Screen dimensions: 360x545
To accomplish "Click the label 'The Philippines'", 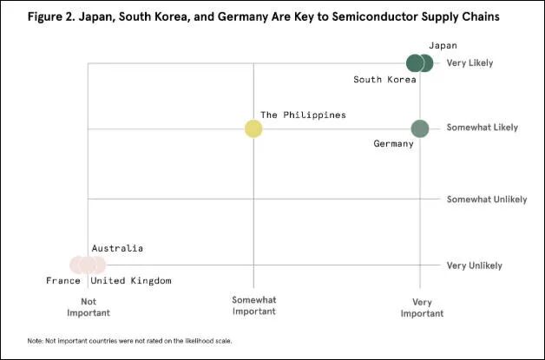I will point(303,115).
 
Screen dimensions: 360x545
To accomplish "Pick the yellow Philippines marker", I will point(253,128).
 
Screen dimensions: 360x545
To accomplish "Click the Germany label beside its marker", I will point(393,143).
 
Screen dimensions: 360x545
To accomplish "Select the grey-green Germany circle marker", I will point(420,128).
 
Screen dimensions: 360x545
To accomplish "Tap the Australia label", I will point(117,248).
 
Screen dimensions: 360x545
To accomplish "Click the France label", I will point(63,280).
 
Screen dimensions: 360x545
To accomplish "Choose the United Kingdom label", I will point(131,280).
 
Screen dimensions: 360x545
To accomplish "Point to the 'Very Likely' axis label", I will point(469,63).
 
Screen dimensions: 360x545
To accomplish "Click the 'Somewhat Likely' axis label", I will point(482,128).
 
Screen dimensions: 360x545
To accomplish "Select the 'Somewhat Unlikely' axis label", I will point(486,199).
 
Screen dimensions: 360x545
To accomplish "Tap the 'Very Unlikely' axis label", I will point(473,265).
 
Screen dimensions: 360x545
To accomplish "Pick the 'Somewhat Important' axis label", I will point(253,305).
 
